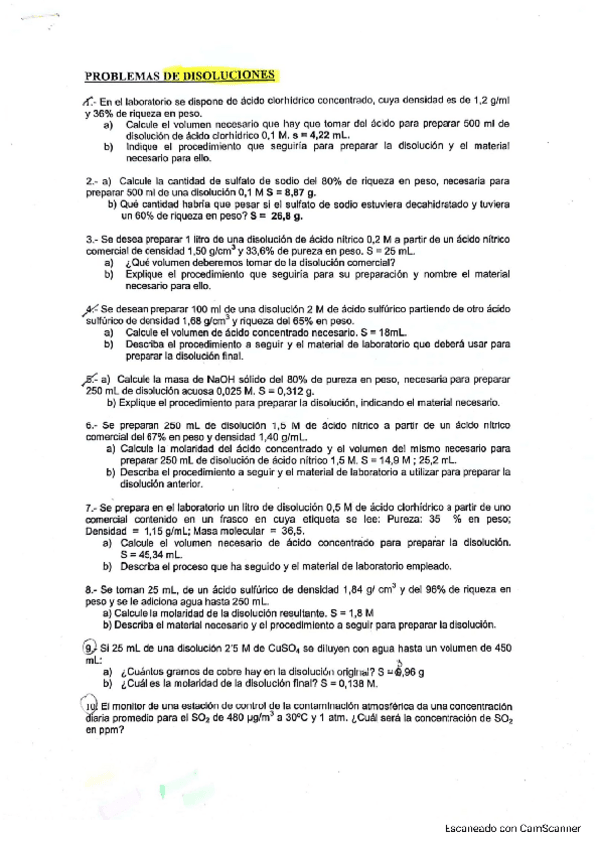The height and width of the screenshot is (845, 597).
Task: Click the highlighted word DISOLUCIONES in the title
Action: coord(229,74)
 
